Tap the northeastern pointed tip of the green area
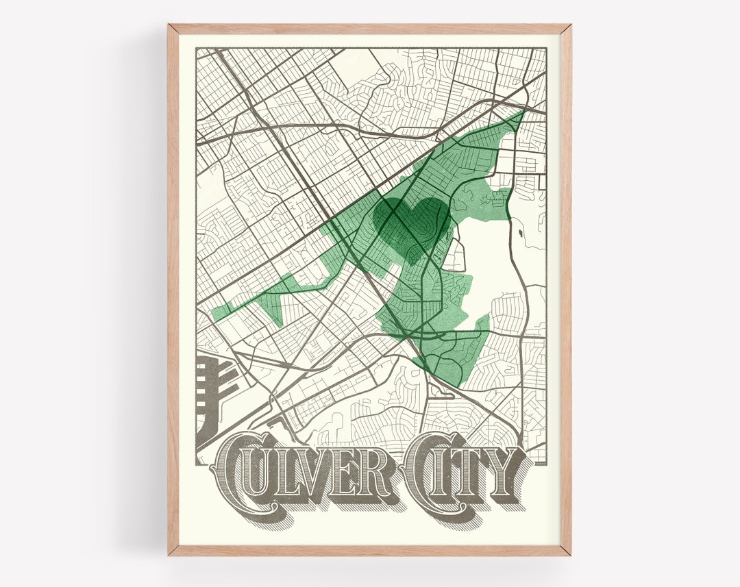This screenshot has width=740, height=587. tap(523, 110)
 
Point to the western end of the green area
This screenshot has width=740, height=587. tap(214, 314)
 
